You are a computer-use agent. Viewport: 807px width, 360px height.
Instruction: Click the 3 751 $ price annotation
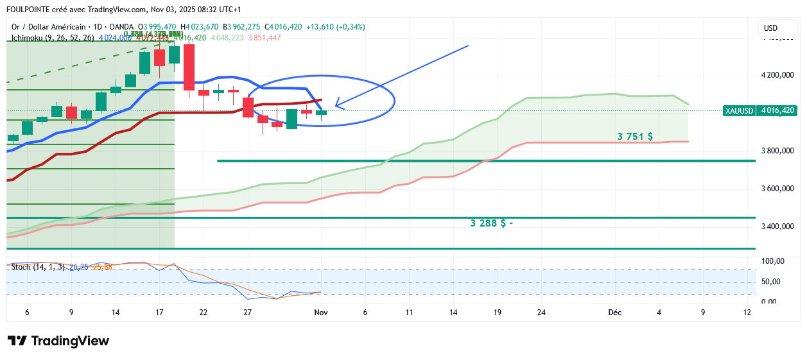click(x=635, y=137)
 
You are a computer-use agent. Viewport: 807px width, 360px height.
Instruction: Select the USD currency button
click(x=770, y=28)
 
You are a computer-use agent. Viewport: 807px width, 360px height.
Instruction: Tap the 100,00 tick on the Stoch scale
click(x=772, y=261)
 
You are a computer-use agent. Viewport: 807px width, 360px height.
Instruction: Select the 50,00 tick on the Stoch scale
click(x=772, y=282)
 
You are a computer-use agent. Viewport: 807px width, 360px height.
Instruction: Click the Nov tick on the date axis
click(x=320, y=313)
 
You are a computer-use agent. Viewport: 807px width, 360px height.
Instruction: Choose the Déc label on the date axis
click(x=614, y=313)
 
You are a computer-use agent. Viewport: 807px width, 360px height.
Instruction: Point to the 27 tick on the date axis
click(x=247, y=313)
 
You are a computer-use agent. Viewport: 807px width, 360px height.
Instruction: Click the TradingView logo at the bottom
click(x=58, y=341)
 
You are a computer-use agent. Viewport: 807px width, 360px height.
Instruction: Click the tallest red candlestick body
click(x=189, y=67)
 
